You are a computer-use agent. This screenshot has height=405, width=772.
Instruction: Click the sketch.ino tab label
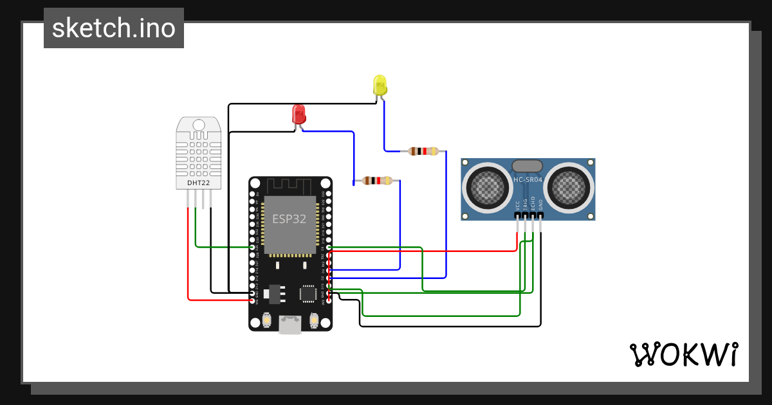coord(114,28)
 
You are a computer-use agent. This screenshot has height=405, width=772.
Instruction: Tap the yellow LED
coord(380,85)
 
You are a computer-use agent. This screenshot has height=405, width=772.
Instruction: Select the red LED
coord(299,114)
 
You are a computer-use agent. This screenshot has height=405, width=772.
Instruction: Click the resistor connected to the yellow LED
coord(423,152)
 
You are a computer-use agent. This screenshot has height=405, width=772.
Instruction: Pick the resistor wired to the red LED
coord(377,181)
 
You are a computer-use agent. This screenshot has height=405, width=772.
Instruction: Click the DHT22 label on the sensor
coord(198,183)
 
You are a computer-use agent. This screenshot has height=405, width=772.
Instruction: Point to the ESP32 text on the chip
coord(289,219)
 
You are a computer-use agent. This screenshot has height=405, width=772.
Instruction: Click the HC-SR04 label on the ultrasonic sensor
coord(528,179)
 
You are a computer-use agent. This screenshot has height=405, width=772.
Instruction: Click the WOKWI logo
coord(683,354)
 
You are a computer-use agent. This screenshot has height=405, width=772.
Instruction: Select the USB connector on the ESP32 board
coord(290,325)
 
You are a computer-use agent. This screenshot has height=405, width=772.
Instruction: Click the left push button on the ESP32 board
coord(267,319)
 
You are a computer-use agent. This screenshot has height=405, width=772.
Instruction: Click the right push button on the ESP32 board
coord(314,319)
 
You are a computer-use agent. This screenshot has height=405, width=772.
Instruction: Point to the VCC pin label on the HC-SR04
coord(517,206)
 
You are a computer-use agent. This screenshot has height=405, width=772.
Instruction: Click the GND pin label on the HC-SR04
coord(540,206)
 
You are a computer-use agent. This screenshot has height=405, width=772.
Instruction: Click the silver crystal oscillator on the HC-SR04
coord(528,166)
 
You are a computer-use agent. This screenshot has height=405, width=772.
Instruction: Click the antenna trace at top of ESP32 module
coord(289,186)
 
